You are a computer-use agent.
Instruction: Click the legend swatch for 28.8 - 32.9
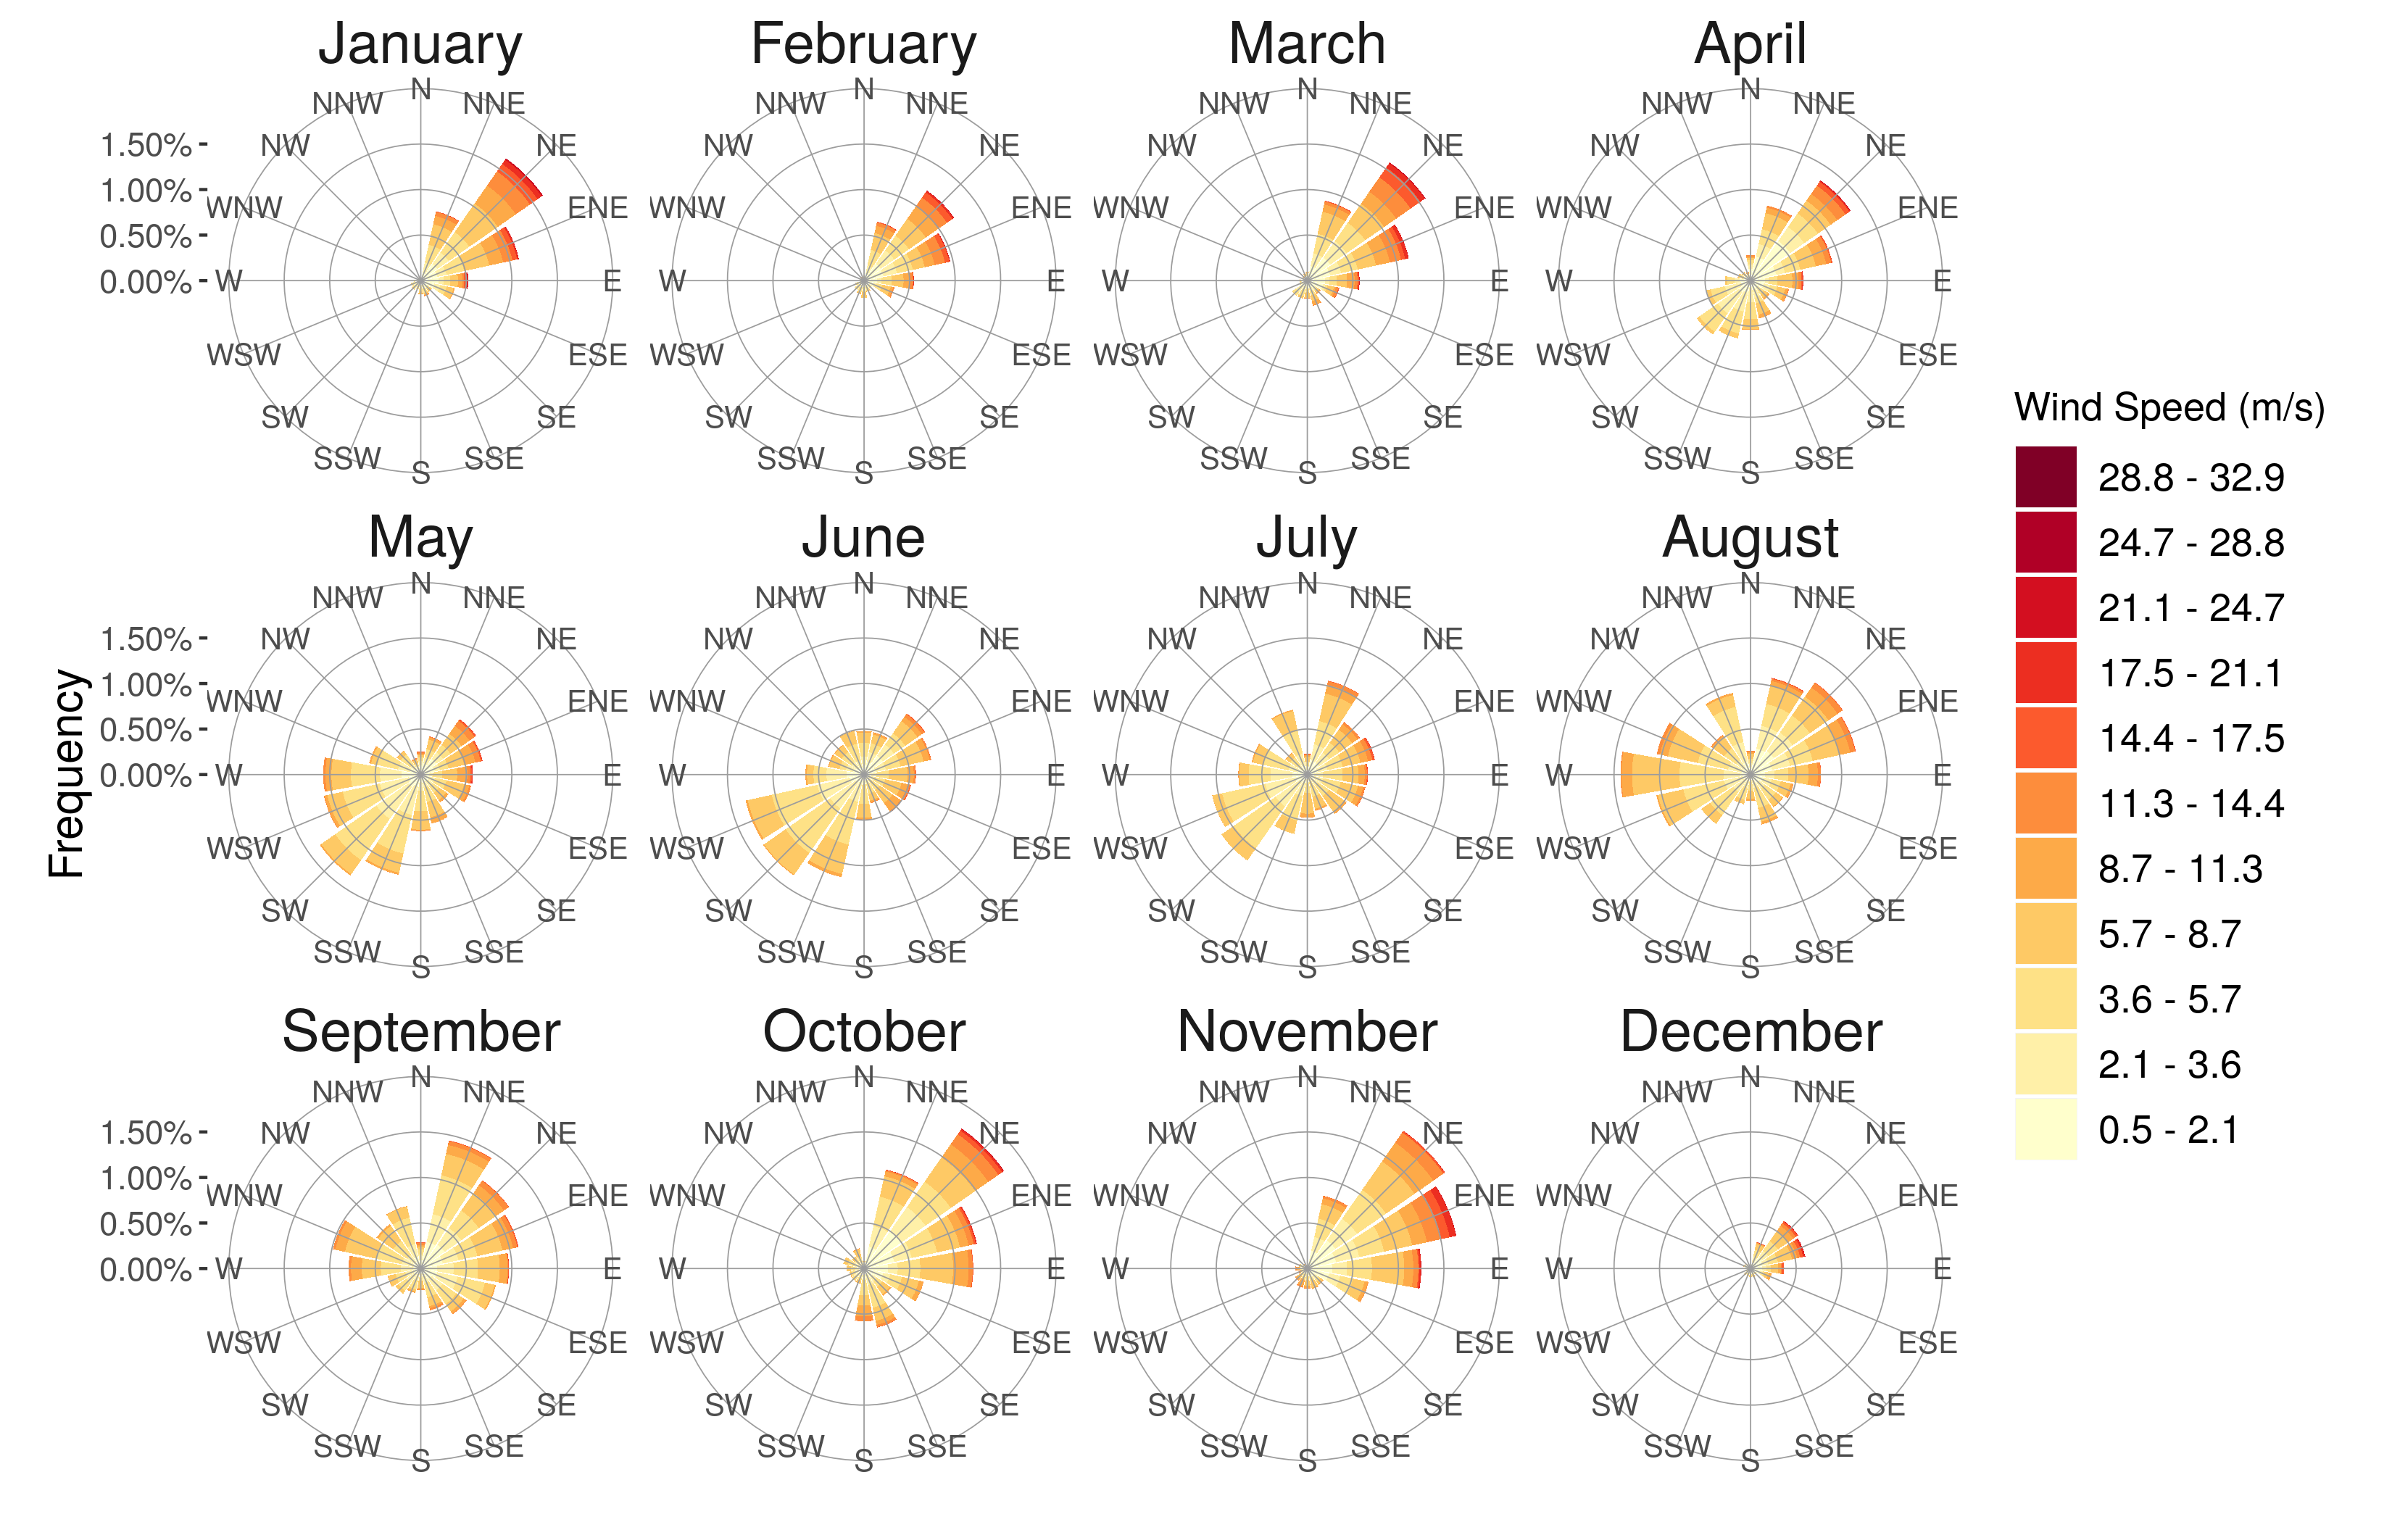pyautogui.click(x=2046, y=477)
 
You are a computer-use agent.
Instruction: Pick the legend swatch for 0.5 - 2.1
pyautogui.click(x=2046, y=1128)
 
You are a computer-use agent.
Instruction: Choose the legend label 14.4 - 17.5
pyautogui.click(x=2190, y=738)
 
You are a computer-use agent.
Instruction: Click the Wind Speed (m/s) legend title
pyautogui.click(x=2169, y=407)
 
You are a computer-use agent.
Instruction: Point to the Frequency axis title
pyautogui.click(x=67, y=774)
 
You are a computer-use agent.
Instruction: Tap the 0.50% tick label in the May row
pyautogui.click(x=145, y=731)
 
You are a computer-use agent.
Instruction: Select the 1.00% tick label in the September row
pyautogui.click(x=145, y=1178)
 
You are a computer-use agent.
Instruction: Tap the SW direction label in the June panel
pyautogui.click(x=728, y=910)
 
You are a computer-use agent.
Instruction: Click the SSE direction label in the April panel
pyautogui.click(x=1823, y=459)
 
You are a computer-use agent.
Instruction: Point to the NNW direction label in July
pyautogui.click(x=1233, y=598)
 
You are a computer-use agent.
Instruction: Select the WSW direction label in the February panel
pyautogui.click(x=686, y=354)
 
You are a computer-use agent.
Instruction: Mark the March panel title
pyautogui.click(x=1306, y=45)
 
